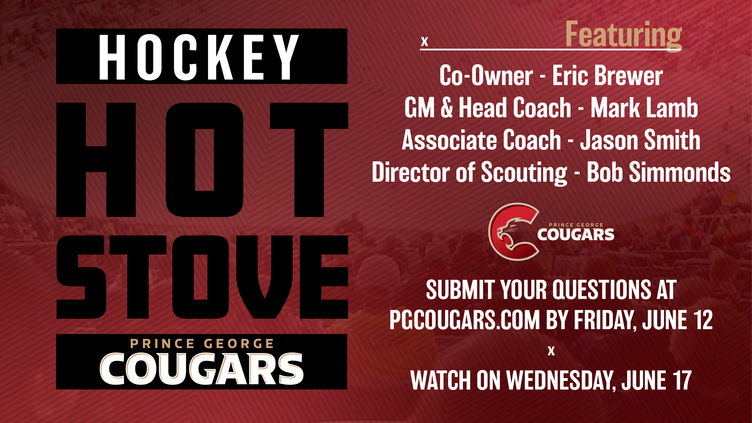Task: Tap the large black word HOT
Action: point(202,160)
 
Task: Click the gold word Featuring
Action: point(624,35)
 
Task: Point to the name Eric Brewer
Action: point(607,76)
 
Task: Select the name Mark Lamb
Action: point(644,108)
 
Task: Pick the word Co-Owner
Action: point(486,76)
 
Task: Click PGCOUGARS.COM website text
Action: point(464,320)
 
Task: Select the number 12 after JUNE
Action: point(702,320)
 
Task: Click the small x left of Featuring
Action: point(425,41)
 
